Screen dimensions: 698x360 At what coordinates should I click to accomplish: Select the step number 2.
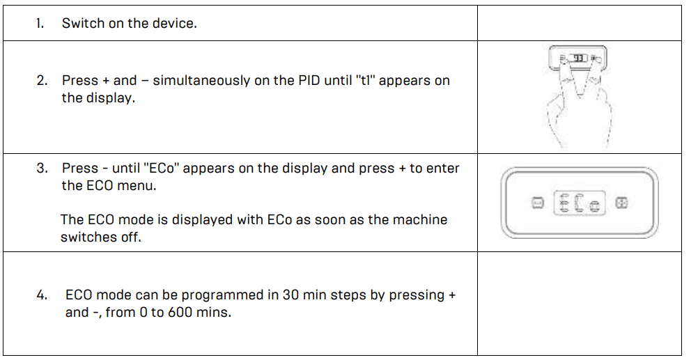click(x=41, y=81)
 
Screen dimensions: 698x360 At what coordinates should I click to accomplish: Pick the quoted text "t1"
click(x=366, y=80)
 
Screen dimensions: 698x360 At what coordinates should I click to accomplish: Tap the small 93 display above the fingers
click(x=579, y=58)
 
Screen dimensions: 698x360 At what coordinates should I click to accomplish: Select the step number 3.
click(x=42, y=169)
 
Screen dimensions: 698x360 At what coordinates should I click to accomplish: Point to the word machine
click(x=420, y=219)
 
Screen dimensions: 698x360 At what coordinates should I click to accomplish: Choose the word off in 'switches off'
click(x=131, y=237)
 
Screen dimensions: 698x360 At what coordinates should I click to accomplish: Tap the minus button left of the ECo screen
click(x=538, y=203)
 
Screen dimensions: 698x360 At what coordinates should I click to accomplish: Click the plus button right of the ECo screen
click(x=621, y=203)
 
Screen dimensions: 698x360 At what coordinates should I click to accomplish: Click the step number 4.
click(x=41, y=295)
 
